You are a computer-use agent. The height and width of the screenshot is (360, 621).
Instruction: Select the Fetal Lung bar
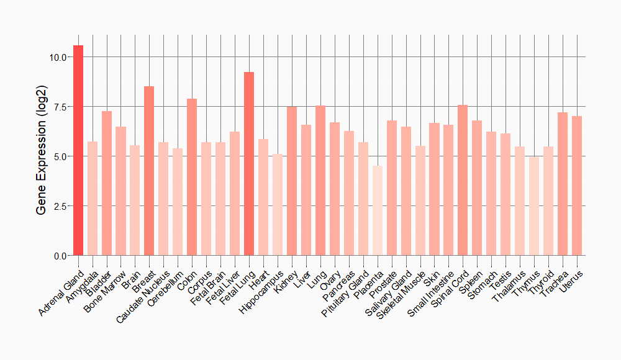pyautogui.click(x=249, y=164)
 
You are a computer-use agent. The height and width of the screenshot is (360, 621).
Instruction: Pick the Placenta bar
pyautogui.click(x=377, y=210)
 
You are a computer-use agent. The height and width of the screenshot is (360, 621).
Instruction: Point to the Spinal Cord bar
pyautogui.click(x=463, y=180)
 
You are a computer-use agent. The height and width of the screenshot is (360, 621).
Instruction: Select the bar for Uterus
pyautogui.click(x=576, y=186)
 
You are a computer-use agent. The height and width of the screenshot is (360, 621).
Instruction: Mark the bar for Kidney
pyautogui.click(x=291, y=181)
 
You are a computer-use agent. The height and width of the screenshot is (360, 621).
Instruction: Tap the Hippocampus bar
pyautogui.click(x=277, y=205)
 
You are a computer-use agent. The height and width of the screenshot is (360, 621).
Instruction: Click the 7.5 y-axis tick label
pyautogui.click(x=60, y=107)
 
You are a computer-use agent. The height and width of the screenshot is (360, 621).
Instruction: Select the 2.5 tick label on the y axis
pyautogui.click(x=60, y=206)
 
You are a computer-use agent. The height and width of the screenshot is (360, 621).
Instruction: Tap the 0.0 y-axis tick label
pyautogui.click(x=60, y=256)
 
